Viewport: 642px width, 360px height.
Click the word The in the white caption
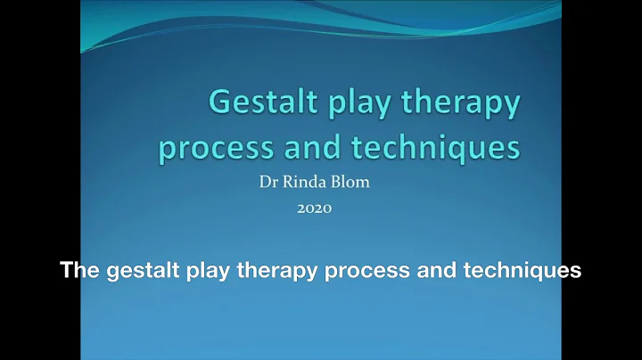point(77,271)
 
